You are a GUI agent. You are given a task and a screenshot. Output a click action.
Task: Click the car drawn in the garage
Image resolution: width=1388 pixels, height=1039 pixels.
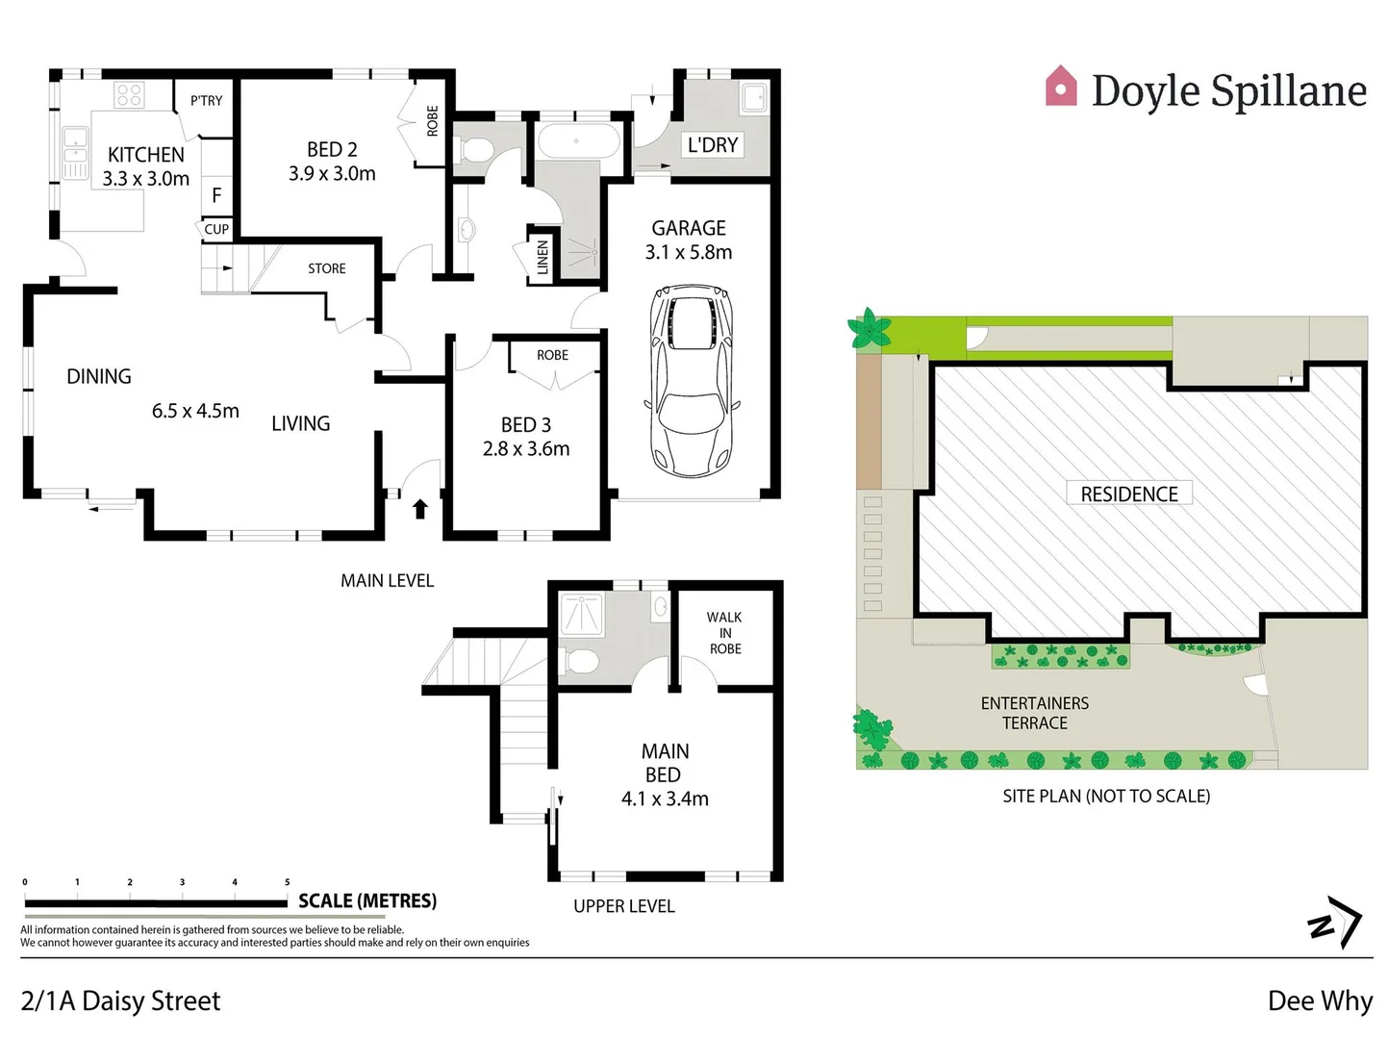coord(692,380)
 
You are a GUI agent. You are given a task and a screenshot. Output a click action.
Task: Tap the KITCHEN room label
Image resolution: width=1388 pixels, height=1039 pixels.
coord(145,155)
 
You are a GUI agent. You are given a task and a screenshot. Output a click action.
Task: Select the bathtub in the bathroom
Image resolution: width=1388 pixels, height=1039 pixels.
coord(577,141)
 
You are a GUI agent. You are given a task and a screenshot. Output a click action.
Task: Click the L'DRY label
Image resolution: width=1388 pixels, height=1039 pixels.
coord(713,145)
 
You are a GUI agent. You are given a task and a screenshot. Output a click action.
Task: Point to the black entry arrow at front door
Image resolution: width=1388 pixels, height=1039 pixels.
coord(420,508)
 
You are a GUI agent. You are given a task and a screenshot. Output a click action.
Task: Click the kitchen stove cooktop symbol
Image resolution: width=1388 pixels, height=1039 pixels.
coord(129,94)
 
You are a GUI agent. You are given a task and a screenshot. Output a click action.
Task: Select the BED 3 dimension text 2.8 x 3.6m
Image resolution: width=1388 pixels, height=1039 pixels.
coord(526,449)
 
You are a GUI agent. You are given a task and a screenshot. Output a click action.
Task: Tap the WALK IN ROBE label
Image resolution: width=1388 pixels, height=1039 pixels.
coord(724,633)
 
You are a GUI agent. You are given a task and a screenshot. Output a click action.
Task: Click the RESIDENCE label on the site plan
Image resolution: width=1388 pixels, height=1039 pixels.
coord(1128,494)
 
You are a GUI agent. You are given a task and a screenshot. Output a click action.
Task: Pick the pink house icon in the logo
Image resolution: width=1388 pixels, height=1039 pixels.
coord(1061,87)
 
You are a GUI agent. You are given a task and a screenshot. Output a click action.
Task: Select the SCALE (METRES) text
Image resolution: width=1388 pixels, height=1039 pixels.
coord(367,901)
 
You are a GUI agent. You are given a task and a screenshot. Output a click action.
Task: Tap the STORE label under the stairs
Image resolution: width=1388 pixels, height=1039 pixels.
coord(327,268)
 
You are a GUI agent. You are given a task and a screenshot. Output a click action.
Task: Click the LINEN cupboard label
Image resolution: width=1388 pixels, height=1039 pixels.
coord(543,257)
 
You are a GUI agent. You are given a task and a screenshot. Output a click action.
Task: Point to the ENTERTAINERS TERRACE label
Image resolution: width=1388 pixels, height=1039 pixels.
coord(1034,713)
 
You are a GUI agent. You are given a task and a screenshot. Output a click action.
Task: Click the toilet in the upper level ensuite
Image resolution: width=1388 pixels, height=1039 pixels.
coord(581,662)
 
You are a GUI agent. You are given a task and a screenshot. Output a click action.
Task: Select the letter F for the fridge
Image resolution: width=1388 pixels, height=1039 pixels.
coord(216,195)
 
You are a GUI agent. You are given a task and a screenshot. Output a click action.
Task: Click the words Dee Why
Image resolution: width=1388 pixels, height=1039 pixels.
coord(1320,1001)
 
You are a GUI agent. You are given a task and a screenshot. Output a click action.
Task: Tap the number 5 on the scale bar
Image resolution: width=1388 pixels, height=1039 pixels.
coord(287,882)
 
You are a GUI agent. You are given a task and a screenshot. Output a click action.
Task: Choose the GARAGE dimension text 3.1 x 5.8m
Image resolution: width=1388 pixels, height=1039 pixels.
coord(689,252)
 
